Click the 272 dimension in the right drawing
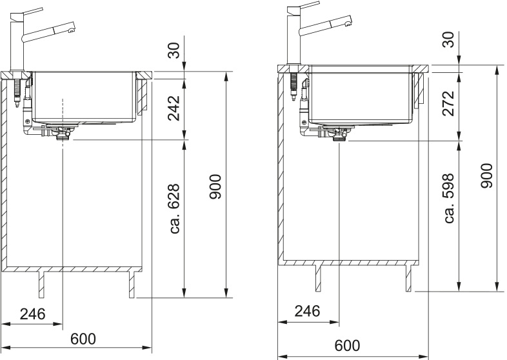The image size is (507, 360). pyautogui.click(x=448, y=103)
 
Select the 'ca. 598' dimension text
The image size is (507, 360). pyautogui.click(x=449, y=198)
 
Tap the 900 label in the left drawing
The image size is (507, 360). pyautogui.click(x=215, y=186)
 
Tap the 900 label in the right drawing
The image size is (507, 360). pyautogui.click(x=486, y=175)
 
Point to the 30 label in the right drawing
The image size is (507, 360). pyautogui.click(x=448, y=40)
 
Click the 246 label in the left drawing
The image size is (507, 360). pyautogui.click(x=33, y=314)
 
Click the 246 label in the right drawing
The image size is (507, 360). pyautogui.click(x=307, y=311)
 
